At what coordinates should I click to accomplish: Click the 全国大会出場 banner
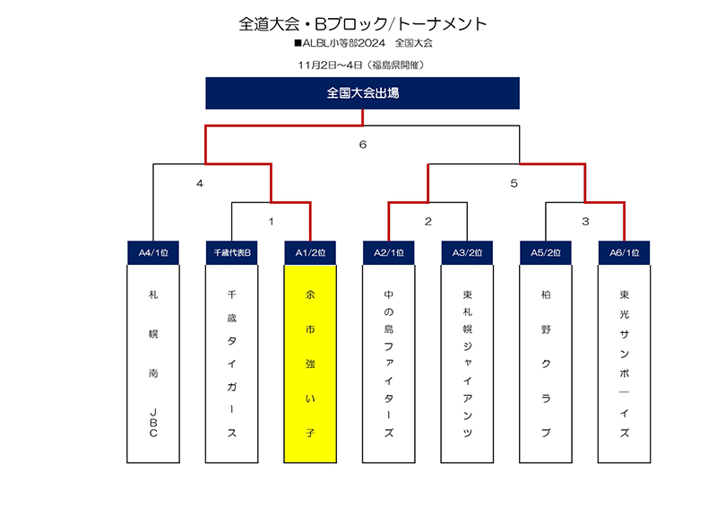(362, 93)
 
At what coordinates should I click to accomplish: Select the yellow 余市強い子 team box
(310, 363)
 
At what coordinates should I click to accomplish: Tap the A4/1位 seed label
(153, 252)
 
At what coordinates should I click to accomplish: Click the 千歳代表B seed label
(232, 252)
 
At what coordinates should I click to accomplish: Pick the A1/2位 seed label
(310, 252)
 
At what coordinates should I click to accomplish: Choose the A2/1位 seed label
(389, 252)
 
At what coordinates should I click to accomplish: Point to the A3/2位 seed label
(467, 252)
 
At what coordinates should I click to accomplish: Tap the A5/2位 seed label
(546, 252)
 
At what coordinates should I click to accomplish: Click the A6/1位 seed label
(624, 252)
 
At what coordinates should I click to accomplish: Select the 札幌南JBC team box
(153, 363)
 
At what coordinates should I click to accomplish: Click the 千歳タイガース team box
(232, 363)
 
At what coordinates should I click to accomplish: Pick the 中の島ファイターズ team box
(389, 363)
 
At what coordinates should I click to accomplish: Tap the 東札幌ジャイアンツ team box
(467, 363)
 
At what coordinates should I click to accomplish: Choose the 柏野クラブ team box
(546, 363)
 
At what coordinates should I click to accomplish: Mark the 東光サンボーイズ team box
(624, 363)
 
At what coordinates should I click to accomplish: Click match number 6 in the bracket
(363, 145)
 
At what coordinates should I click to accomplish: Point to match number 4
(200, 184)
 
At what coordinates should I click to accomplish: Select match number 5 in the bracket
(514, 184)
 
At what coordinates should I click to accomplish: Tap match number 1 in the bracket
(272, 222)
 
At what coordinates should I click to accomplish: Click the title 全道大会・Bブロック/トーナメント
(363, 24)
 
